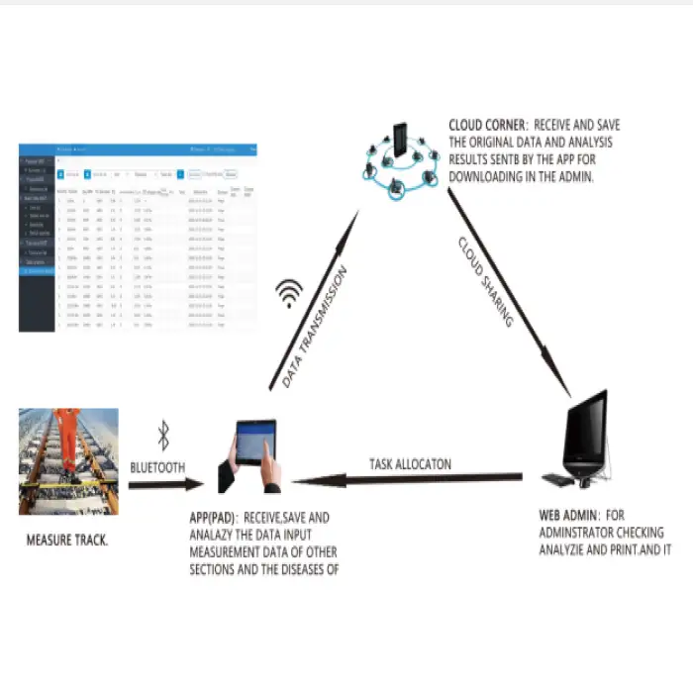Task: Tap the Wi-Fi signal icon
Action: (x=289, y=294)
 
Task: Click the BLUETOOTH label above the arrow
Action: (x=156, y=467)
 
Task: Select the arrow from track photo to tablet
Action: (x=164, y=486)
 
